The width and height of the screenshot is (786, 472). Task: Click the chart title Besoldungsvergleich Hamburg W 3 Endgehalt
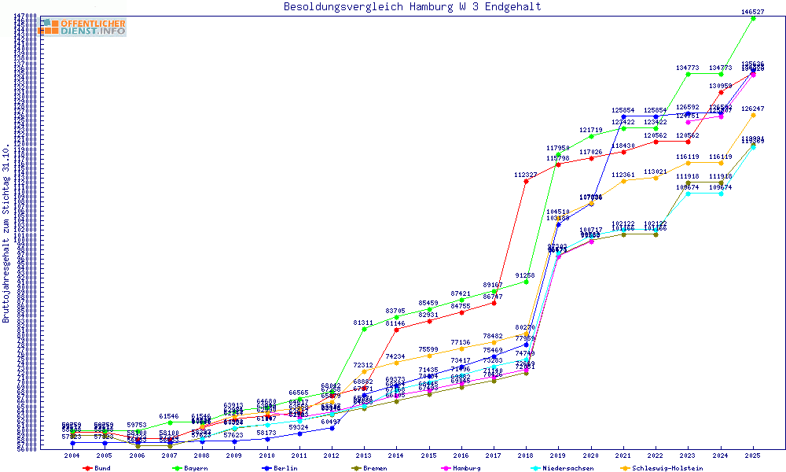[412, 7]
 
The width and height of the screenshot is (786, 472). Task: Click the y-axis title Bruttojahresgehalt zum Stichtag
[6, 234]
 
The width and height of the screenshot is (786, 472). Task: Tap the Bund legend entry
[97, 468]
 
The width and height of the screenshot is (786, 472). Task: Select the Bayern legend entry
[192, 468]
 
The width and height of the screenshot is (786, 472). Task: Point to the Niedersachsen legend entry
[564, 468]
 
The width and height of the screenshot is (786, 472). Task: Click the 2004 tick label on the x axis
[72, 455]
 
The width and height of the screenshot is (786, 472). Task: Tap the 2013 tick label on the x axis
[364, 455]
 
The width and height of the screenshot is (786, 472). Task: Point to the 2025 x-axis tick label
[753, 455]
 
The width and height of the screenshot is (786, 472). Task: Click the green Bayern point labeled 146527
[753, 18]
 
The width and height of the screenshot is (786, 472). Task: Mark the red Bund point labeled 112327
[526, 181]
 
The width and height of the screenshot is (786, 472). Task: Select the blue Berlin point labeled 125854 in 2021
[623, 116]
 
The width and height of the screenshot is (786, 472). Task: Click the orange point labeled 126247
[753, 115]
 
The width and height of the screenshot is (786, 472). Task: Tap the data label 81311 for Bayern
[363, 323]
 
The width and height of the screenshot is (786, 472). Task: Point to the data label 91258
[525, 275]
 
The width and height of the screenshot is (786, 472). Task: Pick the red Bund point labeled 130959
[721, 93]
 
